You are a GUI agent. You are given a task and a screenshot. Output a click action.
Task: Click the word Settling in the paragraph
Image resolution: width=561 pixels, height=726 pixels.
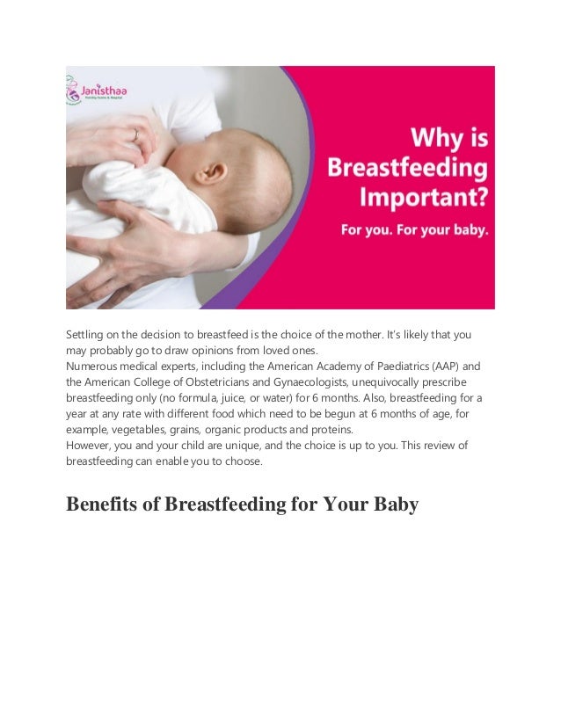click(85, 335)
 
